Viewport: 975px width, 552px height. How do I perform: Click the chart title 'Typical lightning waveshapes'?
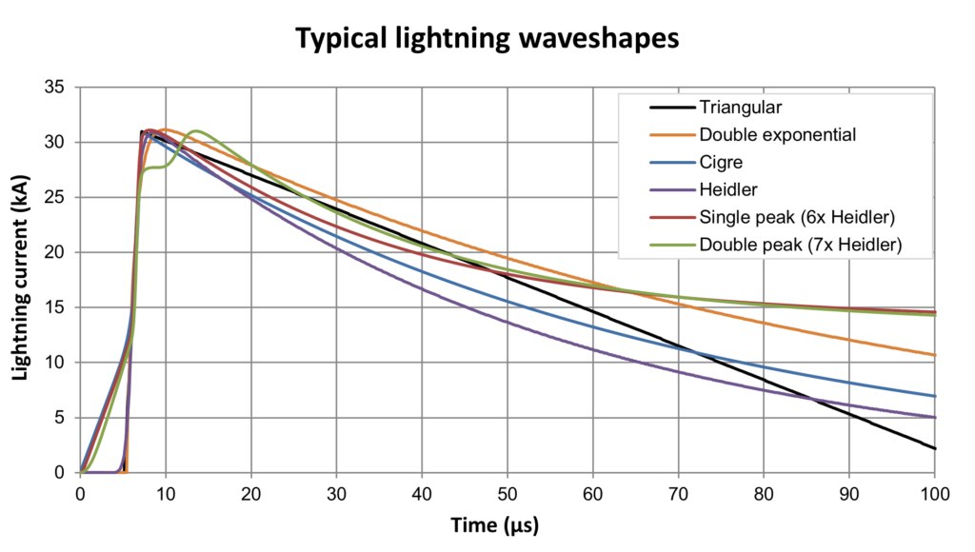(x=487, y=38)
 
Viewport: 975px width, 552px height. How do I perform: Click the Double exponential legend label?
(x=777, y=134)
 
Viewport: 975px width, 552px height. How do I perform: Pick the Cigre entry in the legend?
(x=720, y=162)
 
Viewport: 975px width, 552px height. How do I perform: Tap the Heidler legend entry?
(x=726, y=189)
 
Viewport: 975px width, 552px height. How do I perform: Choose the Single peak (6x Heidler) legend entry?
(x=796, y=217)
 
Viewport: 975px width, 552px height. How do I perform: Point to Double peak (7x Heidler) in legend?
(x=800, y=245)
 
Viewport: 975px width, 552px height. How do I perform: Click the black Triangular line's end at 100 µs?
(x=935, y=448)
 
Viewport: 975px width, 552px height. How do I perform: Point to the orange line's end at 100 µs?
(x=935, y=355)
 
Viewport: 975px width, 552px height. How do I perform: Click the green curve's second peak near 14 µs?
(x=197, y=131)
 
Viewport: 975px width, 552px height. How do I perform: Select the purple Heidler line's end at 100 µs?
(x=935, y=417)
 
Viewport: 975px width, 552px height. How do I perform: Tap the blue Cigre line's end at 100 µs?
(x=935, y=396)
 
